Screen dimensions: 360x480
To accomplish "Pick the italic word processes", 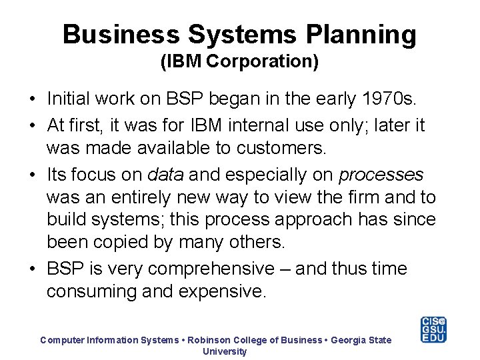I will click(381, 175).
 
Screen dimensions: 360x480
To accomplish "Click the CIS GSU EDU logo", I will click(433, 329).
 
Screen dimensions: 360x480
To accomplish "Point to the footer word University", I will click(225, 351).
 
